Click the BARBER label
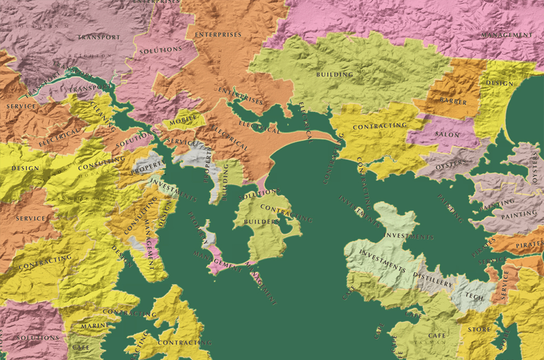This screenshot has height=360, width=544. pos(453,100)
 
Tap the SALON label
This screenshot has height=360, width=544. pos(447,135)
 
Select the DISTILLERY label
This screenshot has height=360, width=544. pos(433,280)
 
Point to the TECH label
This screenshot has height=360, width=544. pos(474,296)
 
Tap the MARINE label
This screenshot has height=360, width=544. pos(95,326)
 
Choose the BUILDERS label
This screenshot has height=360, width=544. pos(261,222)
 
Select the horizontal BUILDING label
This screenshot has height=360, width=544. pos(334,75)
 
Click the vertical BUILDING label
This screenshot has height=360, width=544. pos(226,182)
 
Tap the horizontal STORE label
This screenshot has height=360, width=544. pos(479,330)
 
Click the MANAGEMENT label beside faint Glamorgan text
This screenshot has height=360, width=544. pos(507,35)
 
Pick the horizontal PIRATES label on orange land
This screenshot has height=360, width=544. pos(529,244)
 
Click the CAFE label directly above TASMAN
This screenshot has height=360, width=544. pos(436,335)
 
